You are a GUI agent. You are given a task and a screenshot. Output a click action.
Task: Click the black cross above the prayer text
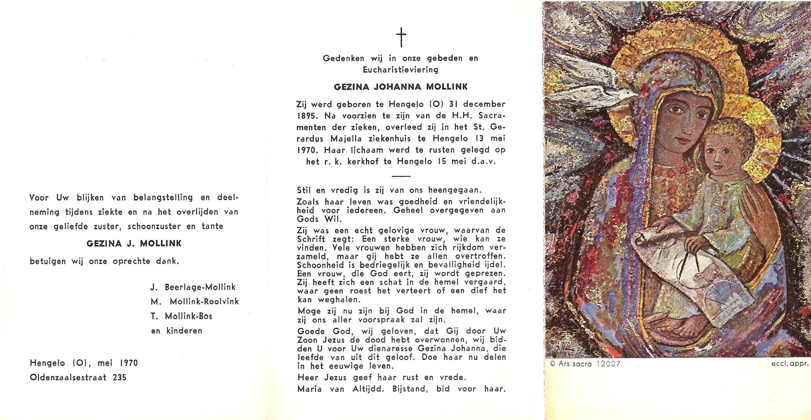click(x=401, y=38)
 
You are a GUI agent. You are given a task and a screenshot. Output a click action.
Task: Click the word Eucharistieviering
click(x=400, y=70)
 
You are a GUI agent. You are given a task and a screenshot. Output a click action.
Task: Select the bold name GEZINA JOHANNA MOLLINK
click(x=401, y=87)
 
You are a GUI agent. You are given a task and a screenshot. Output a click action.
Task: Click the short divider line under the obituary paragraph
click(x=401, y=176)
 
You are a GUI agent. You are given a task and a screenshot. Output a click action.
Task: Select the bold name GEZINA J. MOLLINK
click(x=134, y=244)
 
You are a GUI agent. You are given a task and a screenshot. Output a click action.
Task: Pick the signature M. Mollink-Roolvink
click(x=195, y=302)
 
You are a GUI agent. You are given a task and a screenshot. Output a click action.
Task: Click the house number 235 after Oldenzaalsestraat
click(x=120, y=378)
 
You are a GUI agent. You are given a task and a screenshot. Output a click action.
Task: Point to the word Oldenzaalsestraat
click(x=68, y=378)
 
